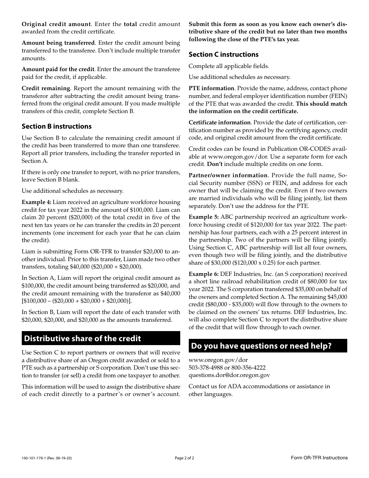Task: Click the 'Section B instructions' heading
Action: pos(57,126)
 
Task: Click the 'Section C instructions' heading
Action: pos(223,54)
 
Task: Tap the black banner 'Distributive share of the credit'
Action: pos(82,338)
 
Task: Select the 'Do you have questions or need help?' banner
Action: pos(261,346)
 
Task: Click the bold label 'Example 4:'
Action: pos(36,202)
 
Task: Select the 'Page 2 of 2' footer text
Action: pos(184,458)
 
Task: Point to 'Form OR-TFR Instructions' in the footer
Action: pos(319,458)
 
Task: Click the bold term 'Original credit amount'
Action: pos(56,24)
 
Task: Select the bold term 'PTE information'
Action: pos(211,88)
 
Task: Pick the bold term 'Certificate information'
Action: pos(219,122)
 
